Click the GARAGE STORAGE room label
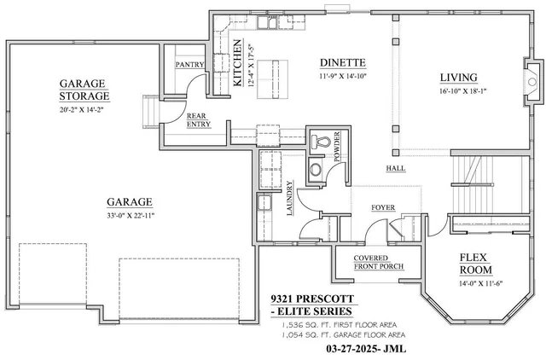pyautogui.click(x=82, y=90)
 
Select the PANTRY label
pyautogui.click(x=189, y=65)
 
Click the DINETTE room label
pyautogui.click(x=343, y=62)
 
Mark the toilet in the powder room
pyautogui.click(x=322, y=142)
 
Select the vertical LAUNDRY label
pyautogui.click(x=291, y=199)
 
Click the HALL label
pyautogui.click(x=396, y=168)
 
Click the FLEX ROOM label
pyautogui.click(x=479, y=264)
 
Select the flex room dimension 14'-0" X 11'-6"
pyautogui.click(x=479, y=283)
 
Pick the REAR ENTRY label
pyautogui.click(x=199, y=120)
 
